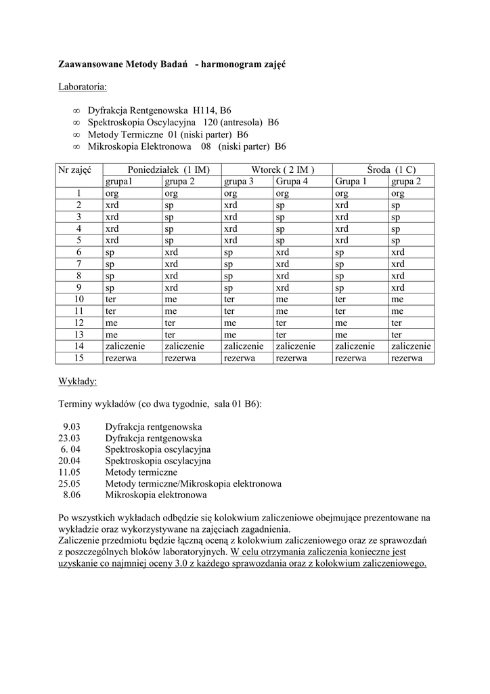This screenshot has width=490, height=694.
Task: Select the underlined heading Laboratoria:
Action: (83, 87)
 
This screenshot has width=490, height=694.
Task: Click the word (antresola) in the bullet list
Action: (238, 123)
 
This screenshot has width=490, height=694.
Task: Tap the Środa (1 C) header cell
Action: (382, 169)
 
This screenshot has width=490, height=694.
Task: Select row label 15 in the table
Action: (78, 358)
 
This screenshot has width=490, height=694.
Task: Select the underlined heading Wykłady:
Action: (78, 382)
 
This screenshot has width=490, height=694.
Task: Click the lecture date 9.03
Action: (72, 427)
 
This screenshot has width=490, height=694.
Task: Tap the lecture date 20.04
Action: (70, 461)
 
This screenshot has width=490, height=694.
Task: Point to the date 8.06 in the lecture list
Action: (72, 495)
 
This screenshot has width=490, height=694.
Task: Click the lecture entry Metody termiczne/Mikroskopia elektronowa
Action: (193, 484)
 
